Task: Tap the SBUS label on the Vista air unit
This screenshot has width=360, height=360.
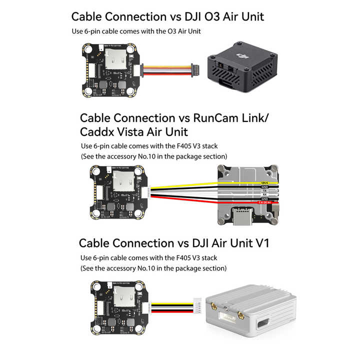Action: click(264, 183)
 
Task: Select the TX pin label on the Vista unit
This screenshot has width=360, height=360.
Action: click(264, 191)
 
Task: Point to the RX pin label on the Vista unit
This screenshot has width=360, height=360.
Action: click(264, 194)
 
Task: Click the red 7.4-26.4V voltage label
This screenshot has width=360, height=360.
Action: click(263, 202)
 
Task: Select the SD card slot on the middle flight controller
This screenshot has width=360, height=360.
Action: click(120, 183)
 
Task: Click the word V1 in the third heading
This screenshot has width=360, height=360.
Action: click(260, 243)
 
